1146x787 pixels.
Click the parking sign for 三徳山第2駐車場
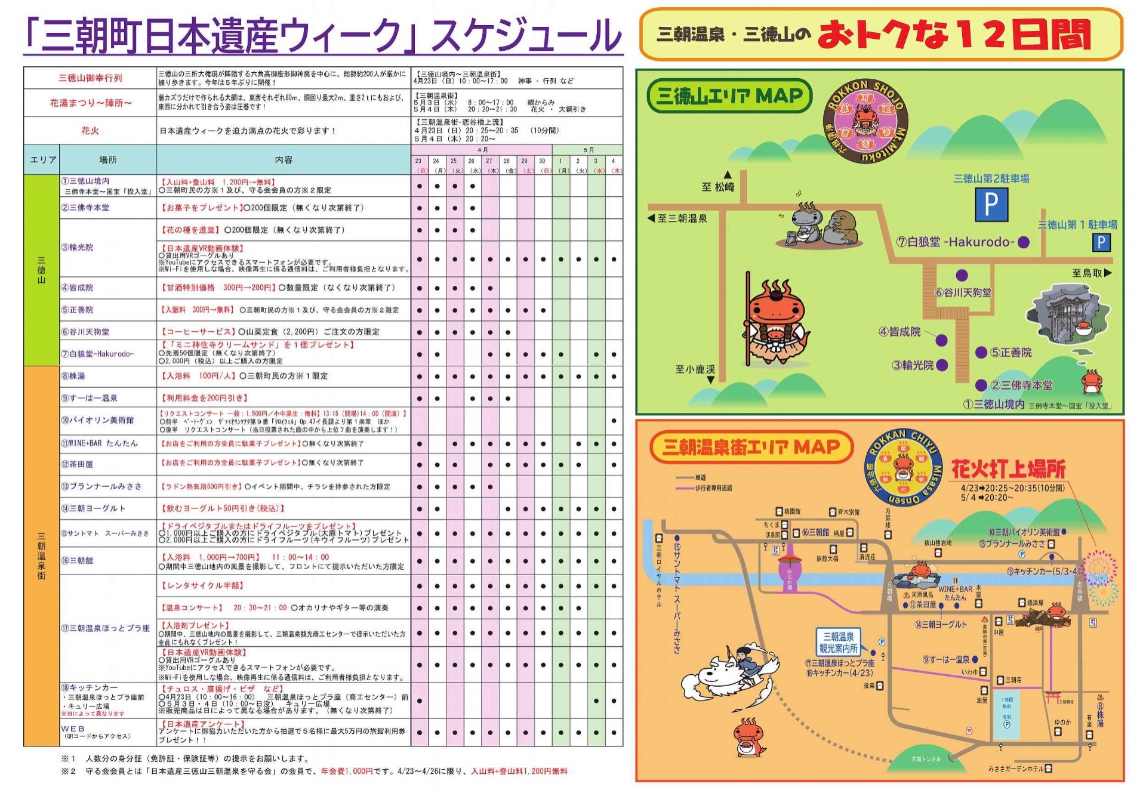tap(991, 204)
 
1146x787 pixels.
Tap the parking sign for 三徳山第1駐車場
tap(1101, 242)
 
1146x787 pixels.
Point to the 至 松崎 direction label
tap(717, 187)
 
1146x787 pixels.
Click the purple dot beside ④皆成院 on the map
tap(941, 340)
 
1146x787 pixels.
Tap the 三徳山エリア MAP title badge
tap(729, 96)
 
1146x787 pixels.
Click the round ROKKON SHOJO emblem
tap(865, 121)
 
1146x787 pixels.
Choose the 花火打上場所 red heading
tap(1008, 469)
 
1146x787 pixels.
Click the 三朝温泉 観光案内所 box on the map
tap(838, 642)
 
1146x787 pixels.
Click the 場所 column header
tap(108, 160)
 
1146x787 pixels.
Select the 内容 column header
tap(284, 160)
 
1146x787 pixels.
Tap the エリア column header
tap(43, 160)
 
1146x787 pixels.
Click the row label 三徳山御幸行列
tap(90, 78)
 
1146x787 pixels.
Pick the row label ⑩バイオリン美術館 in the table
tap(97, 420)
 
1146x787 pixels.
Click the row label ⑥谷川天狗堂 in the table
tap(85, 332)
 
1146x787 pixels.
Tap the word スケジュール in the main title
tap(525, 36)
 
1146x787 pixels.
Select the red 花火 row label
tap(90, 131)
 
